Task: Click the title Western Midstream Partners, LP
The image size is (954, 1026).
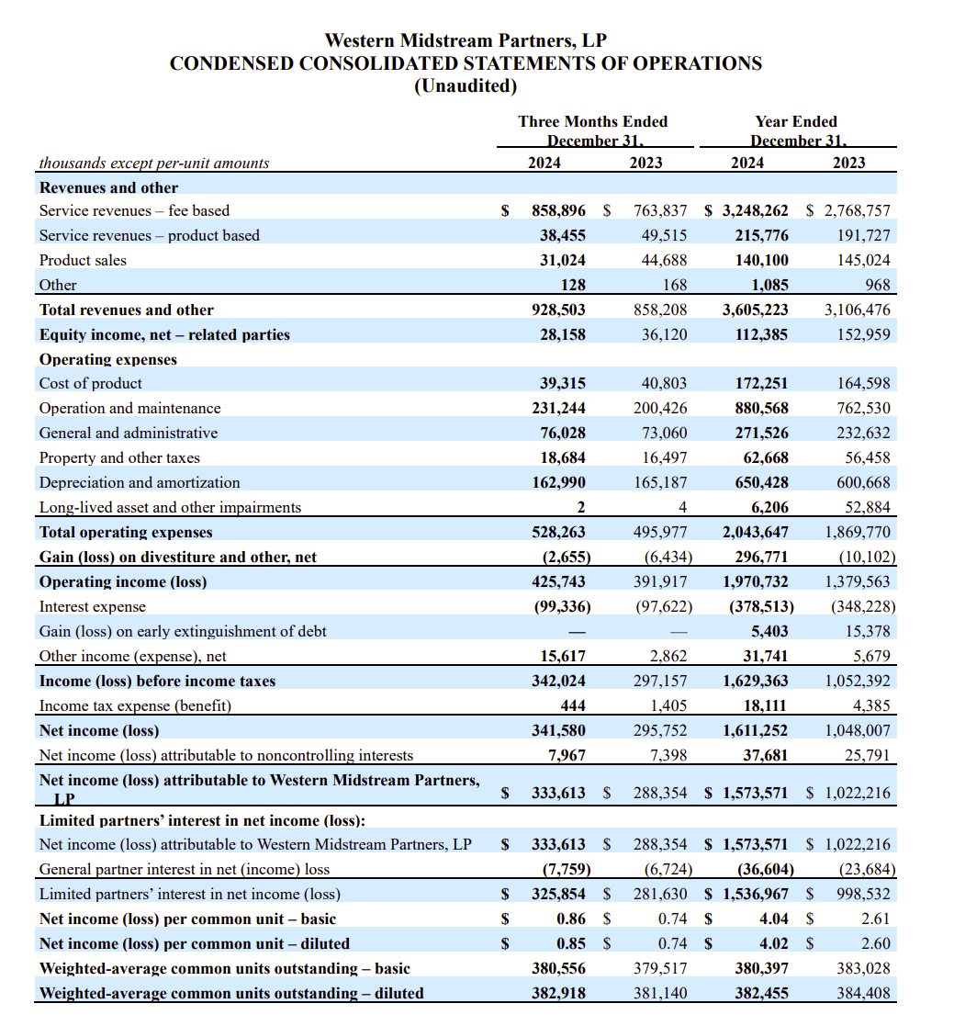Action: tap(466, 40)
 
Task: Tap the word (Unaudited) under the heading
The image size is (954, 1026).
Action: tap(466, 86)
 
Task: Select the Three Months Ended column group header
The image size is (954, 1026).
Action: tap(592, 121)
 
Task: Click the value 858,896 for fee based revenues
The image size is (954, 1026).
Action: tap(558, 210)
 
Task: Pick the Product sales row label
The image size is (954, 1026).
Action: tap(83, 260)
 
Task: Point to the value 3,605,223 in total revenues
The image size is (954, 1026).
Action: tap(755, 310)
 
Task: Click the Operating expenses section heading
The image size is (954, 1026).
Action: tap(107, 359)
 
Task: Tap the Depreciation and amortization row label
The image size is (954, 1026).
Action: tap(139, 482)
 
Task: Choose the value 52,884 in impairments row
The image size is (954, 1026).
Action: tap(868, 507)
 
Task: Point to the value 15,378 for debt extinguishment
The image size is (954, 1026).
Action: tap(868, 631)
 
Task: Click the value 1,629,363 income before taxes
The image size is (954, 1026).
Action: tap(755, 681)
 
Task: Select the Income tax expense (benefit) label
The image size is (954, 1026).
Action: tap(135, 705)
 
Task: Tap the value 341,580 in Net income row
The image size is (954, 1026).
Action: tap(558, 730)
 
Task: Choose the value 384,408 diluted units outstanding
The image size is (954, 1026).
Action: tap(863, 993)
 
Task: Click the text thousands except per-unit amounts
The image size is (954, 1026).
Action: tap(153, 163)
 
